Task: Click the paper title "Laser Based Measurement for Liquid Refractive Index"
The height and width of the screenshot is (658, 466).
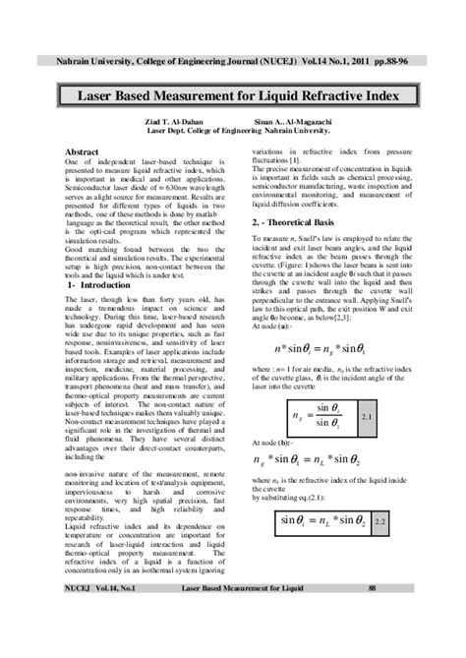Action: [233, 97]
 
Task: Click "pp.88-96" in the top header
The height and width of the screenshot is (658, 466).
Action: [409, 61]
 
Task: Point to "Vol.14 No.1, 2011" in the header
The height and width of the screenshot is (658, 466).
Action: [346, 61]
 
